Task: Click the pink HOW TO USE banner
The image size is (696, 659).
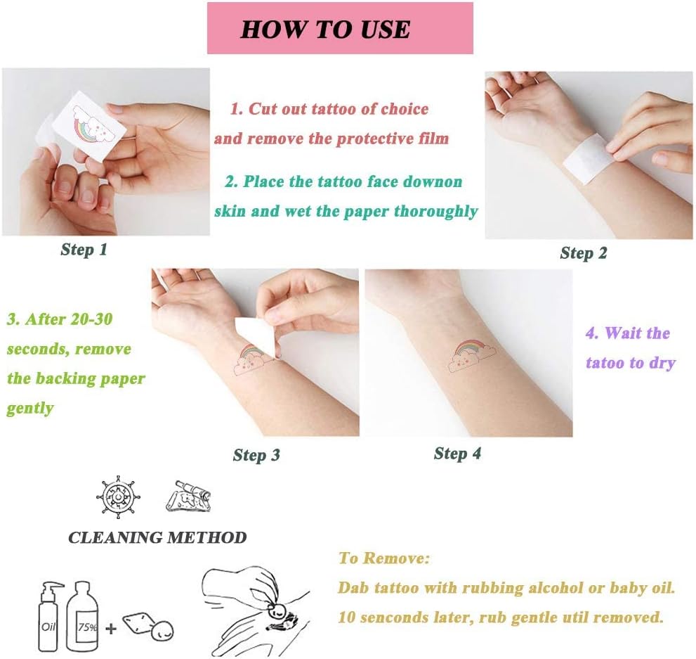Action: tap(340, 28)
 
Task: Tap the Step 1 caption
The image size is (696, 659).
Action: tap(84, 250)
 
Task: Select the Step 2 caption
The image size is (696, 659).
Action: tap(583, 253)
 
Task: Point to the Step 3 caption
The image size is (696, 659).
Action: tap(256, 455)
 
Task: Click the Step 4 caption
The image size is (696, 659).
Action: tap(458, 454)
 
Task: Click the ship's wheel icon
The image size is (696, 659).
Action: tap(118, 497)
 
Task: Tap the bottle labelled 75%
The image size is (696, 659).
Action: tap(84, 619)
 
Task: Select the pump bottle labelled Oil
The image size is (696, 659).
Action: tap(49, 620)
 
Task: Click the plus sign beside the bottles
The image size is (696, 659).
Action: tap(111, 628)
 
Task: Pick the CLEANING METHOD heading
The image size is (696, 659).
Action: tap(157, 538)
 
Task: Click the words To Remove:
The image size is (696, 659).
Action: tap(384, 558)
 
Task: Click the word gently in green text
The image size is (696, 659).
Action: tap(30, 409)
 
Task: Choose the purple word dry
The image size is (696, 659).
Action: tap(662, 364)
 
